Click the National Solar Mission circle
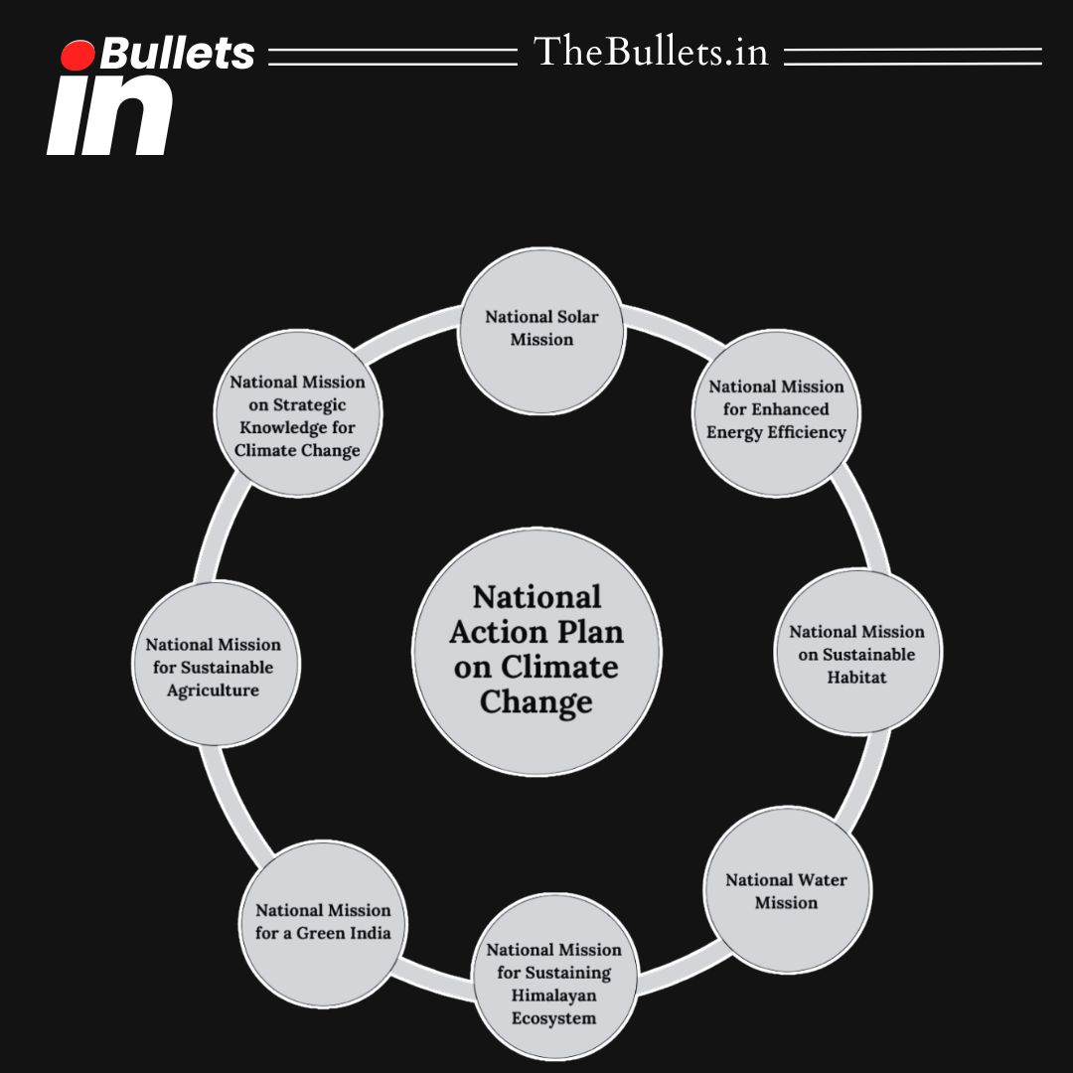coord(541,331)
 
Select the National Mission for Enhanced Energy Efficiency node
coord(776,413)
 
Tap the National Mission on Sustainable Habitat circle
coord(857,653)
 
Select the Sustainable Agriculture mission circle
coord(215,666)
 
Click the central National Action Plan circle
coord(536,651)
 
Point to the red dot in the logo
coord(77,56)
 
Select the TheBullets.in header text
coord(651,52)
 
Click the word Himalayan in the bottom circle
coord(554,996)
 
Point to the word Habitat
coord(857,678)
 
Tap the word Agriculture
coord(213,690)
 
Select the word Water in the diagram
coord(821,879)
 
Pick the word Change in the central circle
coord(536,702)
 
